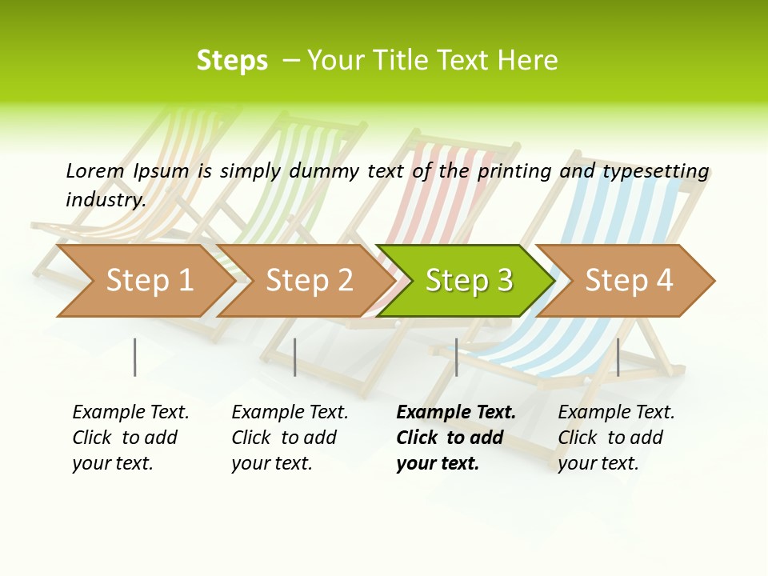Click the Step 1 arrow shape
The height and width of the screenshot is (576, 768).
tap(149, 281)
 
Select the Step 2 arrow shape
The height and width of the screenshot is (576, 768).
tap(309, 281)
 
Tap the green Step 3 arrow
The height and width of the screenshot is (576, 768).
tap(468, 281)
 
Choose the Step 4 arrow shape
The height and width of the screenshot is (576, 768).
tap(628, 281)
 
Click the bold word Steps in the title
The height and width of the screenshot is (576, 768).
tap(232, 61)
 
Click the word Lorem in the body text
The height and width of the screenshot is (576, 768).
tap(95, 170)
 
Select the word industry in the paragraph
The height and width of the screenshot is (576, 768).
tap(106, 199)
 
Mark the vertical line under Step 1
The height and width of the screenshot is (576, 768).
tap(135, 357)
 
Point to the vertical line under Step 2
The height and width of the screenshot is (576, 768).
tap(295, 357)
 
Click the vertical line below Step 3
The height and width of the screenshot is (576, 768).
tap(456, 357)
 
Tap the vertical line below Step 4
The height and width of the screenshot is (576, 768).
tap(618, 357)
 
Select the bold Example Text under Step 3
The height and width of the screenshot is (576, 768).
tap(456, 413)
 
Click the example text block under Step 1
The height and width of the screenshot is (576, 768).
tap(130, 438)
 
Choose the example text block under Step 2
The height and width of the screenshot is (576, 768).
tap(290, 438)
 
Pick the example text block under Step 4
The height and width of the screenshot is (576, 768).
tap(616, 438)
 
